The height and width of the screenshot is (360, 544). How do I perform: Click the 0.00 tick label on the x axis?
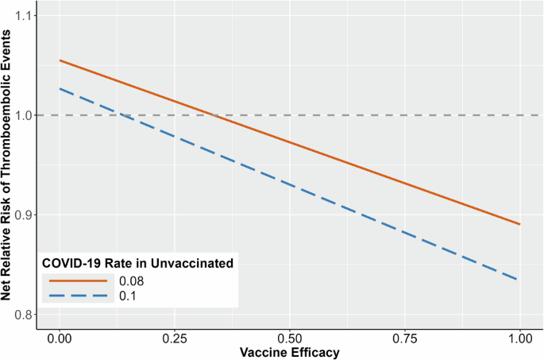60,337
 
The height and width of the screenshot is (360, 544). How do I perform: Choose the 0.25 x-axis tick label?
175,337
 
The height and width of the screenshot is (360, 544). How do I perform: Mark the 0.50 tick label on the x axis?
290,337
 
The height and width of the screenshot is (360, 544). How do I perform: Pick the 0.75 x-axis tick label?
405,337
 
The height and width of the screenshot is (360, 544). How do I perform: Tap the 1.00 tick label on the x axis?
520,337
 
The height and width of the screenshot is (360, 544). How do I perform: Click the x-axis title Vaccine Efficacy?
290,352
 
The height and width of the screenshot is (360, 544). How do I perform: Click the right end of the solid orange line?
520,224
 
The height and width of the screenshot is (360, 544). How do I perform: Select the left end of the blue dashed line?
60,88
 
